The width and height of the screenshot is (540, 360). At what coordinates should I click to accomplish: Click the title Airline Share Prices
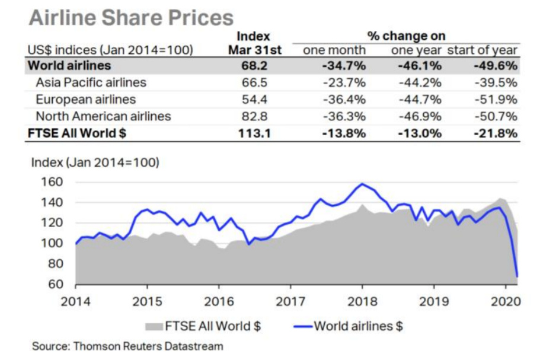tap(131, 17)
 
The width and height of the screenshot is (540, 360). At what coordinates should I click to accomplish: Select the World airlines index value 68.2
tap(255, 65)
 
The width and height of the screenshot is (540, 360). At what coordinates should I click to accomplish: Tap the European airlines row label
tap(85, 99)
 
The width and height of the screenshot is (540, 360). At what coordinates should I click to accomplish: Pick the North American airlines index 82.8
tap(255, 116)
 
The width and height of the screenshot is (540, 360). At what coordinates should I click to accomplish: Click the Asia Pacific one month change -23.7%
tap(343, 82)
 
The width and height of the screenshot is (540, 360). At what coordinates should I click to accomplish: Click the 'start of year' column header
tap(482, 50)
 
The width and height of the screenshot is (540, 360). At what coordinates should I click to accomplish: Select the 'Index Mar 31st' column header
tap(255, 43)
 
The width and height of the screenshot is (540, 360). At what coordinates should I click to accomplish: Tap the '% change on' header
tap(407, 36)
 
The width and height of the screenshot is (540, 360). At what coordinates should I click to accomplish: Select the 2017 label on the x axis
tap(290, 301)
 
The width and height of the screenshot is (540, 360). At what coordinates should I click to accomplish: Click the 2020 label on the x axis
tap(507, 301)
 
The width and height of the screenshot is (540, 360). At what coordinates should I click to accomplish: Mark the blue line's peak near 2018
tap(362, 184)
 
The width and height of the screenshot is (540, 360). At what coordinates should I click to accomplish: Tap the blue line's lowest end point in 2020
tap(517, 276)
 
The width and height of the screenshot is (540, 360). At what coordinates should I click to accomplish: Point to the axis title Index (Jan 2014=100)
tap(95, 161)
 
